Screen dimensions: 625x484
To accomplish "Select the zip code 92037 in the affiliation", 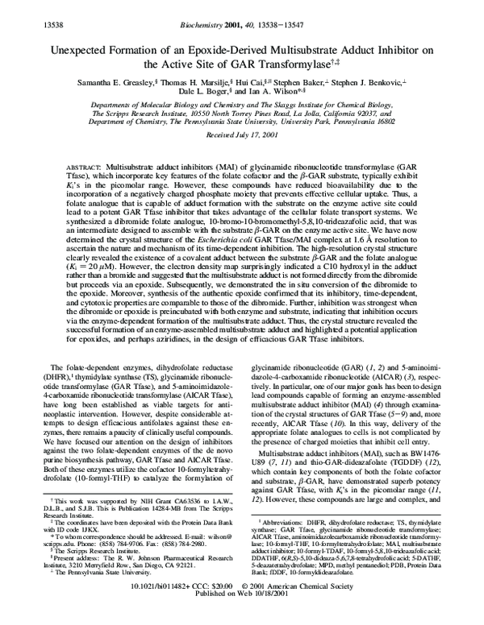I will (394, 114).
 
